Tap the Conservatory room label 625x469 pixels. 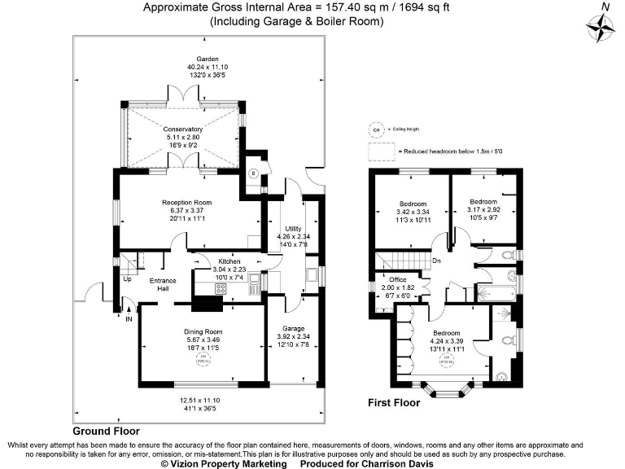pyautogui.click(x=182, y=129)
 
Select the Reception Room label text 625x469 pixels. pyautogui.click(x=186, y=202)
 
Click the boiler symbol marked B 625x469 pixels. pyautogui.click(x=254, y=173)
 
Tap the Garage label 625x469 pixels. pyautogui.click(x=294, y=327)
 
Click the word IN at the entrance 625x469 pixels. pyautogui.click(x=128, y=319)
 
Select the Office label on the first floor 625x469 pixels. pyautogui.click(x=396, y=279)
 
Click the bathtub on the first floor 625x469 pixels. pyautogui.click(x=495, y=291)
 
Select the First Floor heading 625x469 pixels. pyautogui.click(x=394, y=402)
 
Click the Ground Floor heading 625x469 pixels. pyautogui.click(x=106, y=431)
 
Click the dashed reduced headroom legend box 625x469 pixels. pyautogui.click(x=381, y=151)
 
